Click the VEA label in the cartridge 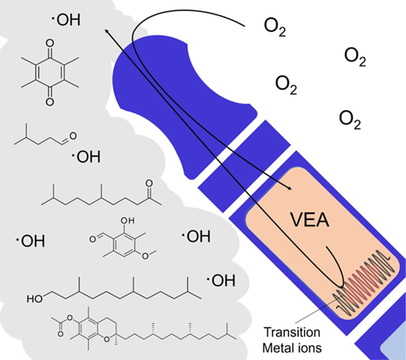click(x=310, y=220)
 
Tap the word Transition click(x=292, y=333)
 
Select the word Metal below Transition click(x=277, y=348)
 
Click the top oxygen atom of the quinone click(x=50, y=43)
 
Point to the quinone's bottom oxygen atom click(x=50, y=102)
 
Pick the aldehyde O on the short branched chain click(x=73, y=136)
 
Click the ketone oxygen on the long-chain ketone click(x=149, y=183)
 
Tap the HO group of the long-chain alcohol click(x=34, y=299)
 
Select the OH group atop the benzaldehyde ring click(x=127, y=220)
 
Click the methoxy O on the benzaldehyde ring click(x=145, y=256)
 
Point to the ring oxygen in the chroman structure click(x=106, y=339)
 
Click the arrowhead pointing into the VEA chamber click(x=289, y=187)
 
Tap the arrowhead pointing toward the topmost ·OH click(x=107, y=31)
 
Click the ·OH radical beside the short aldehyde click(x=86, y=156)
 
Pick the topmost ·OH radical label click(x=66, y=20)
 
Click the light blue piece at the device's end click(x=394, y=345)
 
